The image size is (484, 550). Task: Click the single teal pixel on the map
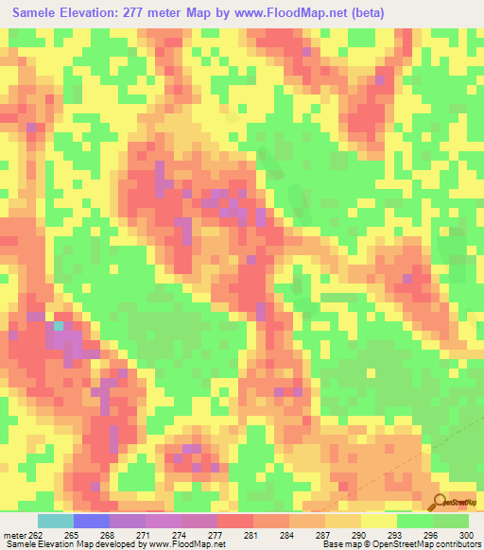pyautogui.click(x=59, y=325)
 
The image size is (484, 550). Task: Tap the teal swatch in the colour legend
pyautogui.click(x=55, y=521)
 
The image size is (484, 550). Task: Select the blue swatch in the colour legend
pyautogui.click(x=91, y=521)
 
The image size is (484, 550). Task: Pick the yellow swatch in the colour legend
pyautogui.click(x=378, y=521)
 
